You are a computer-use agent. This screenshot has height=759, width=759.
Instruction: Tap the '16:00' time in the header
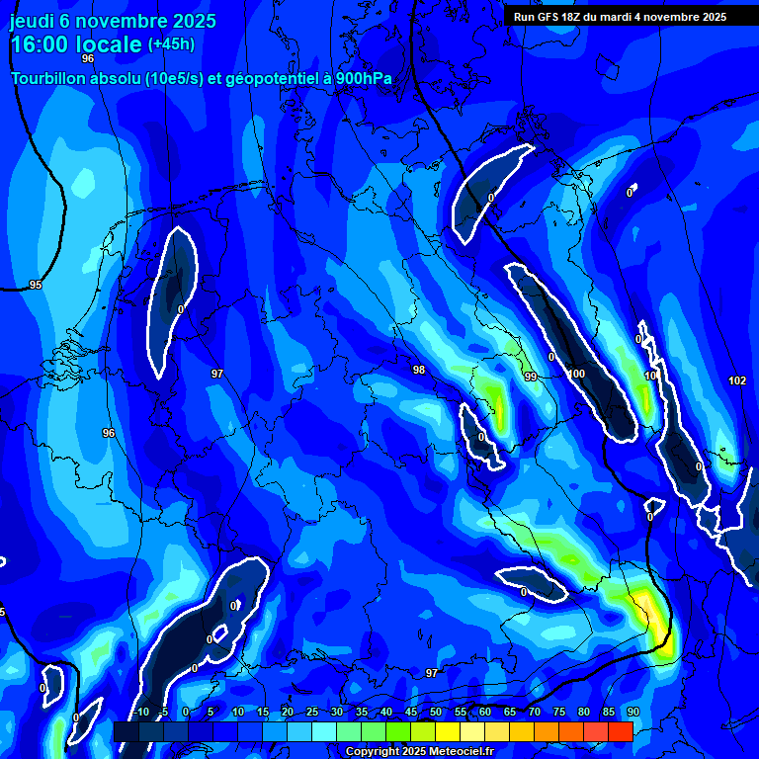click(x=41, y=44)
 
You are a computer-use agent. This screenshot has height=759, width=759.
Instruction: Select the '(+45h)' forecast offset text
click(x=171, y=44)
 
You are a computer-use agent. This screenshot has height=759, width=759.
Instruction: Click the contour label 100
click(x=576, y=374)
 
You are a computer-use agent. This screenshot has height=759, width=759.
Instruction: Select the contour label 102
click(x=736, y=380)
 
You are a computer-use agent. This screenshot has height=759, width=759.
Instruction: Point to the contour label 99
click(x=531, y=377)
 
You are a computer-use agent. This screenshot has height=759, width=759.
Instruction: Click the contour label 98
click(x=419, y=370)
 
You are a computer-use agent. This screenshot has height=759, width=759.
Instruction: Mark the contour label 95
click(x=36, y=285)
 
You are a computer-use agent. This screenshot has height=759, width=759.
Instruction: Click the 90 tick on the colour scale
click(x=633, y=712)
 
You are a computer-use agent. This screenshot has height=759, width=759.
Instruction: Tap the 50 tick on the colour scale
click(x=436, y=712)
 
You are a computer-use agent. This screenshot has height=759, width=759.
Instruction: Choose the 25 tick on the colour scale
click(x=312, y=712)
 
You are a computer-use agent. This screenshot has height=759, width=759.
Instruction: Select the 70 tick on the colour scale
click(x=535, y=712)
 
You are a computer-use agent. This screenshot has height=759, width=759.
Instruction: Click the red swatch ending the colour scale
click(x=621, y=731)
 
